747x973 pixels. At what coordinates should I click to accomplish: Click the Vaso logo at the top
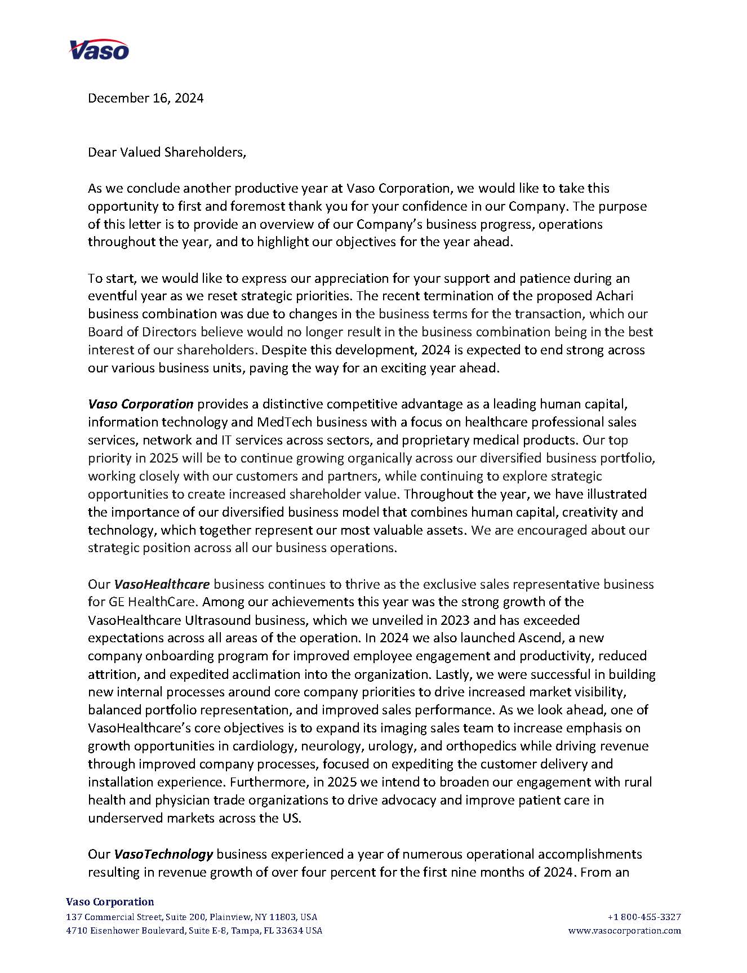(99, 50)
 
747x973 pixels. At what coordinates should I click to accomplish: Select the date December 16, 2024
(145, 98)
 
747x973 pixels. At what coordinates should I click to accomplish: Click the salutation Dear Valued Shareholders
(167, 152)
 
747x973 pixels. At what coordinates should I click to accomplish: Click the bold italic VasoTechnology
(163, 854)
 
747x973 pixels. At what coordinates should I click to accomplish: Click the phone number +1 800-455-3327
(644, 917)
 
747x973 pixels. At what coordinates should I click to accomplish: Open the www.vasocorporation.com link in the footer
(625, 931)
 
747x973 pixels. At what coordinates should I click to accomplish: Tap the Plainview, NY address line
(192, 917)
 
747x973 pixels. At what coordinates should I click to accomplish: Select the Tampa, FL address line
(194, 931)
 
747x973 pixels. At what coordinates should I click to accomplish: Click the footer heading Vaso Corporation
(110, 902)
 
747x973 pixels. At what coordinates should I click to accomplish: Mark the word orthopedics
(481, 746)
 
